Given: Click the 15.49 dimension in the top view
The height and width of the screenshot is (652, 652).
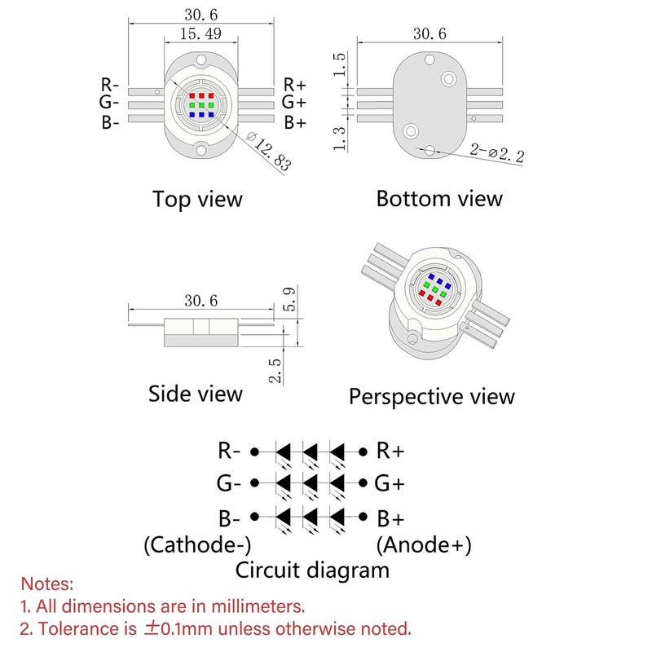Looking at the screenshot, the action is tap(200, 33).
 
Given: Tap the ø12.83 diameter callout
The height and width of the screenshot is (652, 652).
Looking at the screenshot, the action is tap(269, 152).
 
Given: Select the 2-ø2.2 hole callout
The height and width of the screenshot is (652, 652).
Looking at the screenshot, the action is tap(497, 152).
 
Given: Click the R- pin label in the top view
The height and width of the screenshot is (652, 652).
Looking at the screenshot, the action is tap(110, 85).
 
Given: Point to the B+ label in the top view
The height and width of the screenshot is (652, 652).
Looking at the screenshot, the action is tap(295, 123).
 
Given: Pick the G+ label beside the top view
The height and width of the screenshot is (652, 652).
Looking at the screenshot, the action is tap(294, 102).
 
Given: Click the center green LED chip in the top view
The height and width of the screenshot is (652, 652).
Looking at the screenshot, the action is tap(201, 105).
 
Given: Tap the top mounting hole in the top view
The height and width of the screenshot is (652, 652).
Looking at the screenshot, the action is tap(201, 59).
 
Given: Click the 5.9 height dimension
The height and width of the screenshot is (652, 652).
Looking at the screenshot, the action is tap(289, 299).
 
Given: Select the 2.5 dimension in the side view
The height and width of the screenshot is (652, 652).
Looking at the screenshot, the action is tap(275, 370).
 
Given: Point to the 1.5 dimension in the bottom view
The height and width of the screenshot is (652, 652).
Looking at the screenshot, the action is tap(340, 64).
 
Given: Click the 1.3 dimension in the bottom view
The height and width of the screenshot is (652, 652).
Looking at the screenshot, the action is tap(340, 138).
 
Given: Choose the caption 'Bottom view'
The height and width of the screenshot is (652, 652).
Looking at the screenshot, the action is tap(439, 199).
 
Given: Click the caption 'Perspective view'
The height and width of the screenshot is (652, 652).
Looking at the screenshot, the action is tap(432, 397).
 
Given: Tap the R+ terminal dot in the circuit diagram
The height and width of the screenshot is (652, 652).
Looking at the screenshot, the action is tap(363, 452).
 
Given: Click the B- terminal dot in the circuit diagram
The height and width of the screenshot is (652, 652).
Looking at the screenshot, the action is tap(255, 517).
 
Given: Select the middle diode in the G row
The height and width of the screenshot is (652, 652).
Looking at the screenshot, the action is tap(311, 483).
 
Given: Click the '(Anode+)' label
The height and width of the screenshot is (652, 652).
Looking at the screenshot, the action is tap(424, 545).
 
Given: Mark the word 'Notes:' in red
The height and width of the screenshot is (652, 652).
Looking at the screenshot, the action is tap(47, 584).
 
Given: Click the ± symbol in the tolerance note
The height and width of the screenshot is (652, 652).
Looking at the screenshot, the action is tap(151, 628).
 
